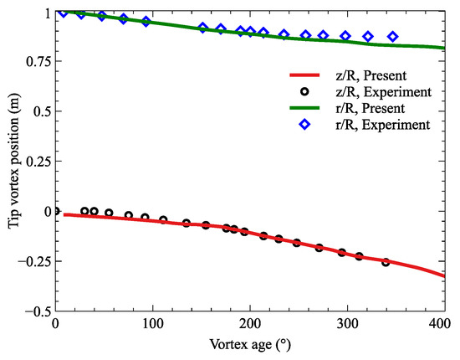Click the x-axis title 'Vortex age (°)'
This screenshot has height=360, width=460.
point(250,345)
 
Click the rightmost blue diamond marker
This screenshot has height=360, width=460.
point(393,37)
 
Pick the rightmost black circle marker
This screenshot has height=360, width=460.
point(386,262)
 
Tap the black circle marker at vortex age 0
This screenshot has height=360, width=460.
point(56,211)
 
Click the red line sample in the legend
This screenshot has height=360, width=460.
point(304,73)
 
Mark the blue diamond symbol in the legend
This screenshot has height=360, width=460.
point(304,125)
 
